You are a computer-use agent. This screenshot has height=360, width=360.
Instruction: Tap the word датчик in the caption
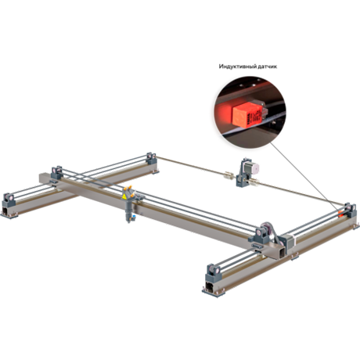click(268, 67)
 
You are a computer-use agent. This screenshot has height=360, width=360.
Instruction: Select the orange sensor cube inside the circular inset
click(247, 115)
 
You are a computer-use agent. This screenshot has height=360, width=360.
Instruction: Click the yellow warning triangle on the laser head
click(124, 197)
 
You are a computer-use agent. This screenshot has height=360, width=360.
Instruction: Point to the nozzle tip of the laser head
click(128, 221)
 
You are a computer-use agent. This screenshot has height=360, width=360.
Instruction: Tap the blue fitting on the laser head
click(134, 216)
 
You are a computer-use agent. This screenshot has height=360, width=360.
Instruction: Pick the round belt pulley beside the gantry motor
click(268, 229)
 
